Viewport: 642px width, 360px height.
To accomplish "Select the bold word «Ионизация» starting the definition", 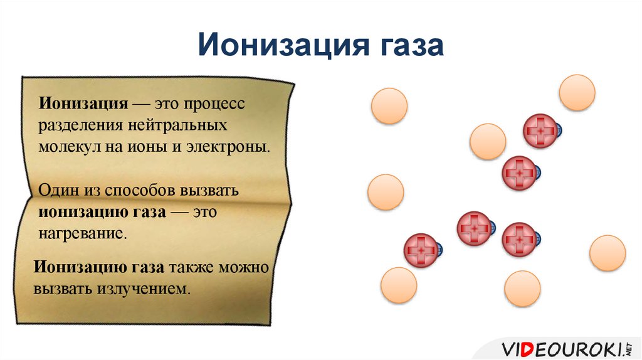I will [x=85, y=102].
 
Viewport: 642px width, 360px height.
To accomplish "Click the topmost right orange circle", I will [x=577, y=93].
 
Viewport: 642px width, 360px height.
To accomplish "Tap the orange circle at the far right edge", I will [x=608, y=253].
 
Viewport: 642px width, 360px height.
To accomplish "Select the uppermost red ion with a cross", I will [x=540, y=131].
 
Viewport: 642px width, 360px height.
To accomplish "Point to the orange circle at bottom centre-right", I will [x=522, y=289].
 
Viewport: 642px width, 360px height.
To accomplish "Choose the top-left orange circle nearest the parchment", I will [x=389, y=105].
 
